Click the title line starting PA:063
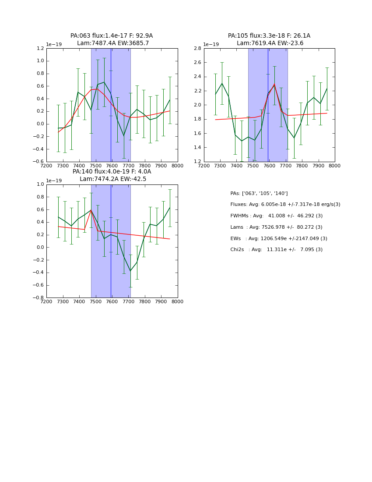(112, 36)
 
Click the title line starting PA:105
(269, 36)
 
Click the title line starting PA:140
(112, 172)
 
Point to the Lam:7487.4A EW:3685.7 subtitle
(113, 43)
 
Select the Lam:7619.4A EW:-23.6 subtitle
(270, 43)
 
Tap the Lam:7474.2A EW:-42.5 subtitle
(113, 179)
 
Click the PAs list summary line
(259, 193)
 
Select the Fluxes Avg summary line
(285, 205)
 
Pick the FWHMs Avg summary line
(276, 216)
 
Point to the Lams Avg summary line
(276, 227)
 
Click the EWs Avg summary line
(278, 238)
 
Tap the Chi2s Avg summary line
(276, 250)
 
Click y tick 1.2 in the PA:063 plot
(40, 49)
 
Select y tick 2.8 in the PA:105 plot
(197, 49)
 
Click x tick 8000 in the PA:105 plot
(335, 166)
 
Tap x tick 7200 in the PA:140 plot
(46, 302)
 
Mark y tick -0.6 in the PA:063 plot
(39, 162)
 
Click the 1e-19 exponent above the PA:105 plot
(211, 44)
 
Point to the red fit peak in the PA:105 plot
(274, 84)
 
